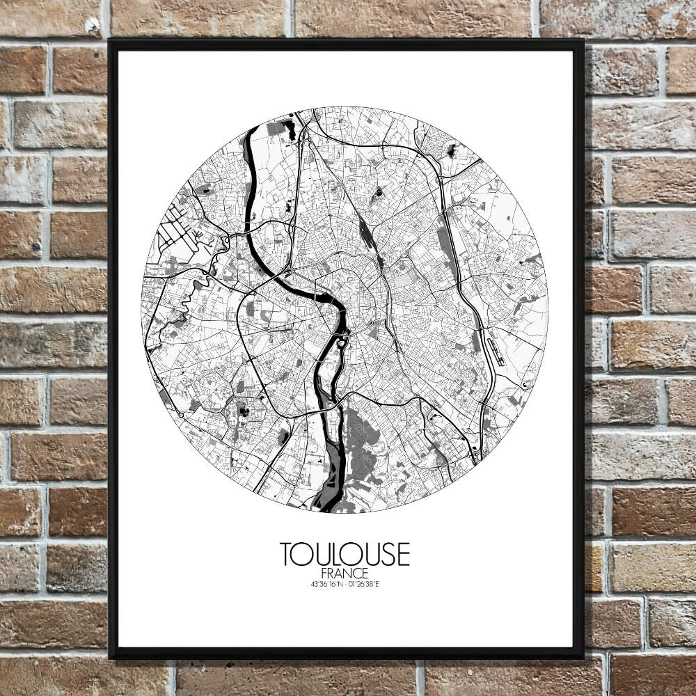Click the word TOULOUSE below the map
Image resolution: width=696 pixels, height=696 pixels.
pyautogui.click(x=345, y=555)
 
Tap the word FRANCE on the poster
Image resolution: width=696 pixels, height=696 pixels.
pyautogui.click(x=345, y=574)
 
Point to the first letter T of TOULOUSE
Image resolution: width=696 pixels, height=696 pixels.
pyautogui.click(x=286, y=555)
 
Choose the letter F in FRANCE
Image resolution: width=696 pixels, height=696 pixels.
pyautogui.click(x=326, y=574)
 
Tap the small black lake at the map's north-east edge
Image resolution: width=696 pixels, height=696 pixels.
pyautogui.click(x=451, y=150)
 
